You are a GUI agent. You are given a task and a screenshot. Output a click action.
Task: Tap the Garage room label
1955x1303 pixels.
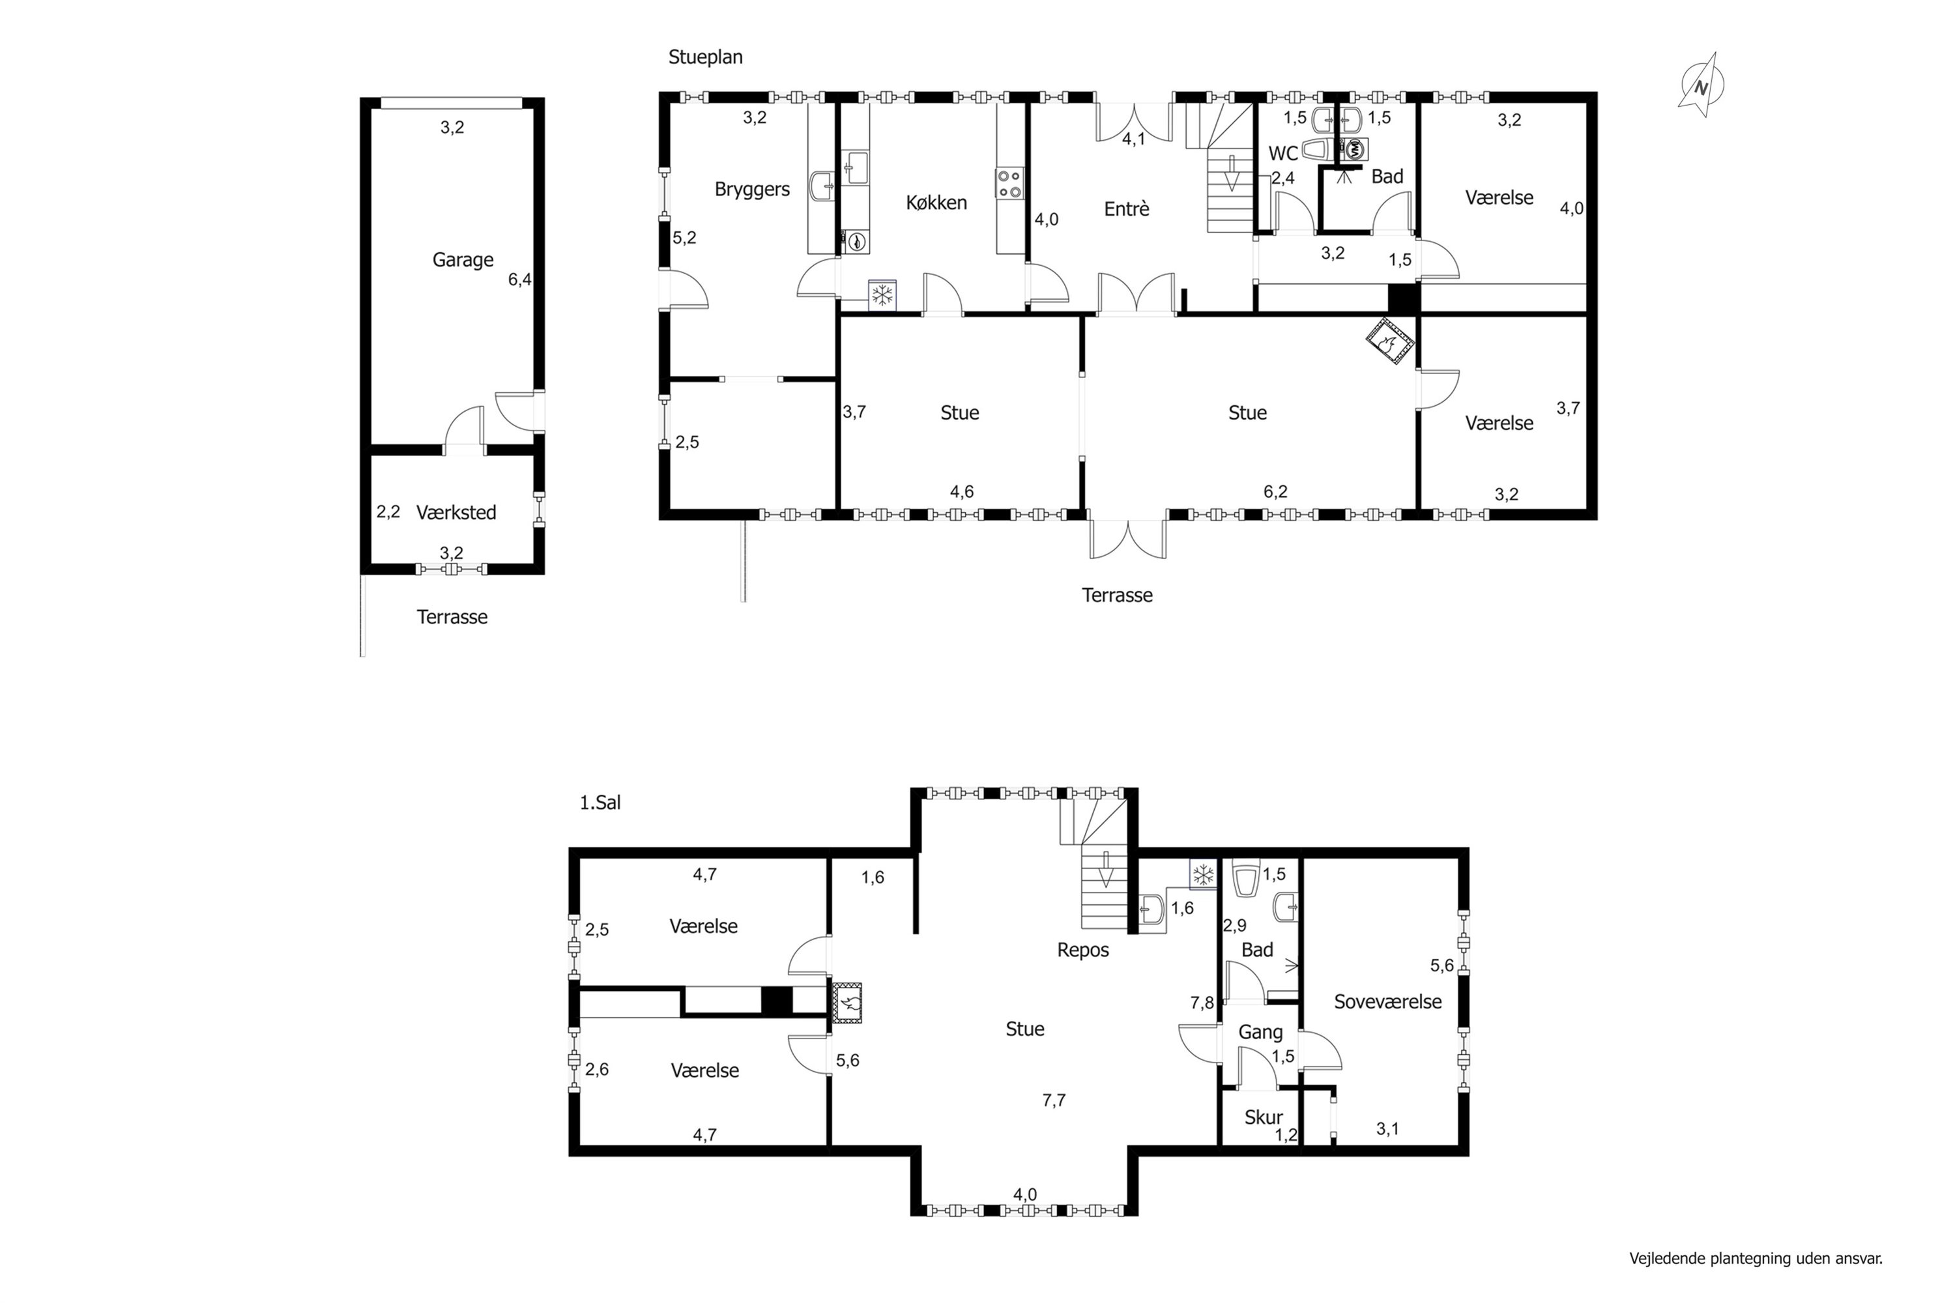tap(462, 260)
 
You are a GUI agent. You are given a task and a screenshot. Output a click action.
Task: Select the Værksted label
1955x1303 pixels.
tap(456, 513)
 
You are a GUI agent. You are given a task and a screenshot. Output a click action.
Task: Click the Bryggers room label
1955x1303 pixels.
tap(751, 190)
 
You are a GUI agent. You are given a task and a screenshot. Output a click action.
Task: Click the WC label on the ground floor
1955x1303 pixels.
tap(1282, 154)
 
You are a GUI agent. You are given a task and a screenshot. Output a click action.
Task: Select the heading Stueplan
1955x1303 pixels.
tap(705, 57)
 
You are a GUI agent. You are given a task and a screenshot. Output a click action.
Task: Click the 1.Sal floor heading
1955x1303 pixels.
tap(600, 803)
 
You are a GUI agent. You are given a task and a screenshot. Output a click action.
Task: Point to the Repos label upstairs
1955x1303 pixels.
tap(1082, 951)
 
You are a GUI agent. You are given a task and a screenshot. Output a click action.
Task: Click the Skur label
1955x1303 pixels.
tap(1263, 1118)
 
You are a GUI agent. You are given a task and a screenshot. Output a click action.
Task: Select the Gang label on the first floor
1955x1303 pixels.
tap(1260, 1032)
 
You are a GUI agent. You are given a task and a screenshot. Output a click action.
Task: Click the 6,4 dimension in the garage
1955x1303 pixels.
tap(519, 280)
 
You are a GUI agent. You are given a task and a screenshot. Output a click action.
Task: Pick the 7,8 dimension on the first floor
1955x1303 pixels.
tap(1202, 1003)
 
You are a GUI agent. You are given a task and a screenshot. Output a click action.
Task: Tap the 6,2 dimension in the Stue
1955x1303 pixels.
tap(1275, 492)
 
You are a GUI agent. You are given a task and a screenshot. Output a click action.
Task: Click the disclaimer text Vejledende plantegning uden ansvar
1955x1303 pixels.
tap(1756, 1258)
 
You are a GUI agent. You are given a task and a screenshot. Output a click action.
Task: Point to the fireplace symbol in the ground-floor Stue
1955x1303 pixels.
tap(1391, 341)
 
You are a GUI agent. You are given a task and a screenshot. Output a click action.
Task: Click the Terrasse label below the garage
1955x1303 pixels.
tap(452, 618)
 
